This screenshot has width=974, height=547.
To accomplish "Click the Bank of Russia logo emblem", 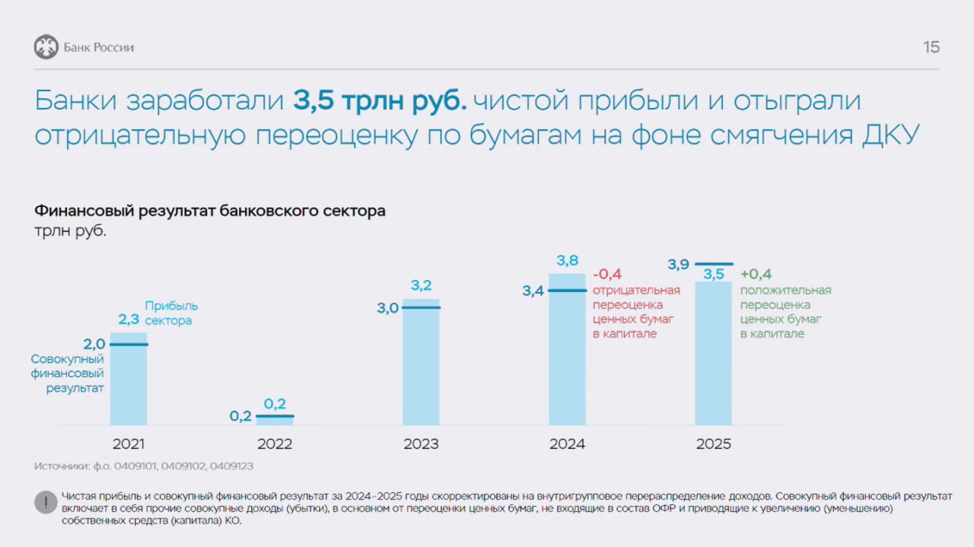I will [x=46, y=47].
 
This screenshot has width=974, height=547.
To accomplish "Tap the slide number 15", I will [x=931, y=47].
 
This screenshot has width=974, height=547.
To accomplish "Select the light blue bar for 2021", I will [x=129, y=380].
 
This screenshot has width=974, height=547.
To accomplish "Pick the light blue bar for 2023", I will [x=421, y=365].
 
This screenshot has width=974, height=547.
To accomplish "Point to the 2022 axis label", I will [x=275, y=444].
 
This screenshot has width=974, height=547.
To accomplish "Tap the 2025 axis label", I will [x=713, y=444].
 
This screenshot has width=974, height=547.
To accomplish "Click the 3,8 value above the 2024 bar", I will [x=567, y=261].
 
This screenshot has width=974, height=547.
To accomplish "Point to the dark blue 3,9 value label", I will [x=679, y=265].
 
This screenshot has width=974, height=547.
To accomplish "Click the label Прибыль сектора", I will [x=171, y=313].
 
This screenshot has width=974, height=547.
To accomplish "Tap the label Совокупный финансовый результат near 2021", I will [x=68, y=374].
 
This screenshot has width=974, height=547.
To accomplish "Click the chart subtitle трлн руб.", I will [x=70, y=231].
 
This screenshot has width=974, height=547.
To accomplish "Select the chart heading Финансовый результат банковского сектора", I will [x=210, y=211].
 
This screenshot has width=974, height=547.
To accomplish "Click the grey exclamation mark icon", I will [x=46, y=503].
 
